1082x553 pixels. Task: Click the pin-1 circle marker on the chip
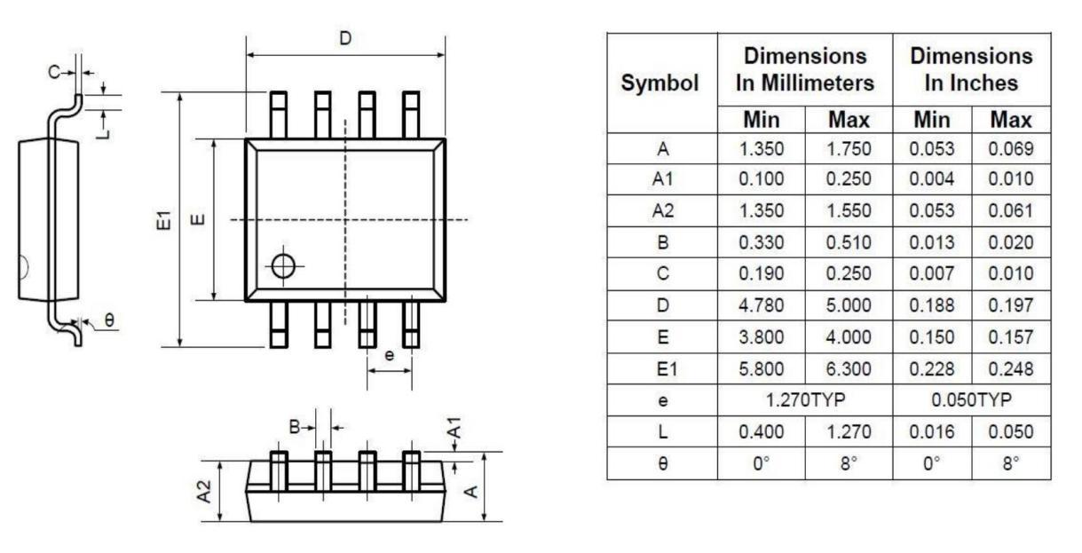283,266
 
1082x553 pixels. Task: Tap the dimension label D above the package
345,38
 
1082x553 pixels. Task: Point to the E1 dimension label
162,219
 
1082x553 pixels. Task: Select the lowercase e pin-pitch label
389,355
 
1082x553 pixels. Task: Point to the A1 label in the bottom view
454,432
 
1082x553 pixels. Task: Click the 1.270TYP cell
805,399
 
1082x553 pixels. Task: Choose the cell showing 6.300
849,367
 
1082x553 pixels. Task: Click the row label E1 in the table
661,367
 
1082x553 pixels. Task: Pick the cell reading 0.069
1012,148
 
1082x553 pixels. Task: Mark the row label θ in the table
661,462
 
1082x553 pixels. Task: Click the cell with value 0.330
762,242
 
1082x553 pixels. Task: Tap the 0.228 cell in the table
931,367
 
